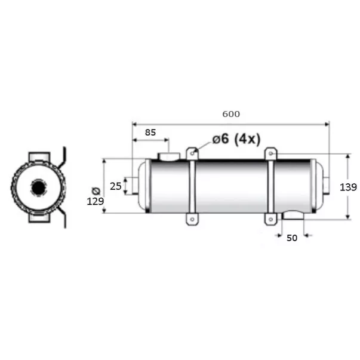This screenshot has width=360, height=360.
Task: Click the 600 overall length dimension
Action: (x=231, y=114)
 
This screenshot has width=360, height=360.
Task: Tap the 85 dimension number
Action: (x=150, y=133)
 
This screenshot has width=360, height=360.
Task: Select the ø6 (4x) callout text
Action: (x=236, y=139)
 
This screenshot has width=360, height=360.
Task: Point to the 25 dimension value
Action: (x=115, y=186)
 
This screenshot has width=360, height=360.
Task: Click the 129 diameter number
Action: (x=96, y=201)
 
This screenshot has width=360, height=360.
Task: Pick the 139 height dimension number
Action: (x=348, y=187)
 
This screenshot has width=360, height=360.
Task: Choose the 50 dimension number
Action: (x=292, y=238)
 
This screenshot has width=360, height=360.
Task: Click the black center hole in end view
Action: (x=38, y=188)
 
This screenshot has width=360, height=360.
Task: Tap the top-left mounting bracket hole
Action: (x=192, y=153)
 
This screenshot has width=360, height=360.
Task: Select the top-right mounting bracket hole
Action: (x=271, y=153)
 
